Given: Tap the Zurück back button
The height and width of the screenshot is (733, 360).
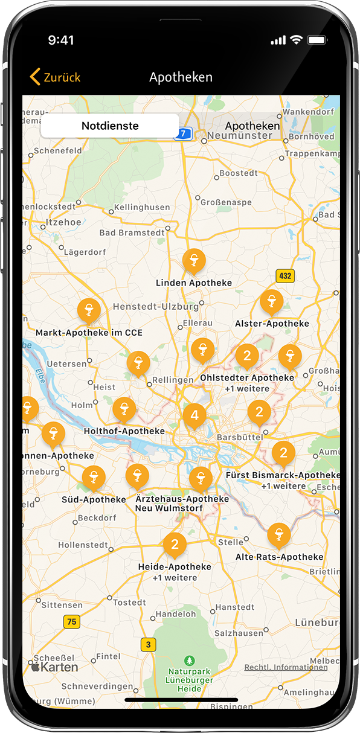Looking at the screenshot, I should [x=55, y=77].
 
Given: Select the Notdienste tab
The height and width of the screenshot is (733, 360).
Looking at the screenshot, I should [x=110, y=126].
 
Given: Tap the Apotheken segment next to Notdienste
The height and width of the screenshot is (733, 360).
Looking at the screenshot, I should [x=252, y=126].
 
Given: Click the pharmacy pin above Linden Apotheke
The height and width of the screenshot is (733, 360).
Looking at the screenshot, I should [x=194, y=261].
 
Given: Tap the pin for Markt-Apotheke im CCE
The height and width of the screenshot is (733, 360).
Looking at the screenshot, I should [x=89, y=310].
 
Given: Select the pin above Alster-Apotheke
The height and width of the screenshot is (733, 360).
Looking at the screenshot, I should [x=271, y=301].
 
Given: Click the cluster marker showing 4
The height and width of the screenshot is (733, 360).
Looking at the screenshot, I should [x=194, y=415].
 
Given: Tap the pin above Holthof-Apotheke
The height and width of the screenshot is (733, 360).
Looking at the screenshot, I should [x=124, y=409].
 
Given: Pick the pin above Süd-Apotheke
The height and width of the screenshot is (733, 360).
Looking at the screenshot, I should [x=94, y=478].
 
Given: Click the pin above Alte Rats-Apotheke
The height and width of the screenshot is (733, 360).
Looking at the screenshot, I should [x=278, y=534].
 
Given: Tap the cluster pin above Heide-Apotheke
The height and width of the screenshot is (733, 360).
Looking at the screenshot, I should [x=175, y=545].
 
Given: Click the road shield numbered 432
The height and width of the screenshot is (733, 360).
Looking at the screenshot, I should [x=285, y=276].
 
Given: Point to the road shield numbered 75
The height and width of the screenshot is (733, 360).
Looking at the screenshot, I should [x=72, y=622].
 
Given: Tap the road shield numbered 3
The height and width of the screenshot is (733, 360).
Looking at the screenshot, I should [x=148, y=645].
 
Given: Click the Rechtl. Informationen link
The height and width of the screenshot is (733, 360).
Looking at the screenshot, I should [x=286, y=667].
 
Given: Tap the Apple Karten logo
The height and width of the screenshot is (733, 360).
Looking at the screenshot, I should [x=54, y=667].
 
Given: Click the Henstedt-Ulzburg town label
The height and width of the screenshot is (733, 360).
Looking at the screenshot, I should [x=155, y=307].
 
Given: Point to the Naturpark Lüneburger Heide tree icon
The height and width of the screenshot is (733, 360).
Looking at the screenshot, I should [x=190, y=660].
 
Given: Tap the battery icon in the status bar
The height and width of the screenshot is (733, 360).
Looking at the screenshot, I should [x=317, y=40].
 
